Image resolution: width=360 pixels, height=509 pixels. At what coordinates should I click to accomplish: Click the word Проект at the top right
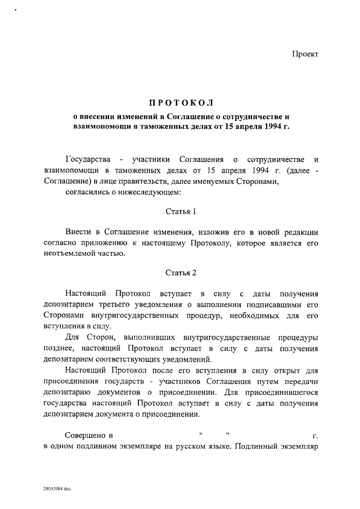(x=305, y=54)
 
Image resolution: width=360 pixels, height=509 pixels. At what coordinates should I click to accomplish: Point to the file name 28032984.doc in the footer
(x=57, y=489)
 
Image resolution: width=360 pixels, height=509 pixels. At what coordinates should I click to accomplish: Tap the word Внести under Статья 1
(x=78, y=232)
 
